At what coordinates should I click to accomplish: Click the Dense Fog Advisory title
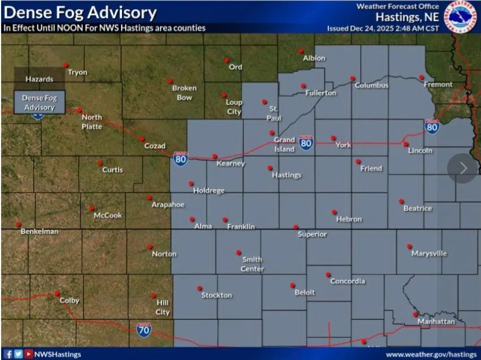tap(79, 12)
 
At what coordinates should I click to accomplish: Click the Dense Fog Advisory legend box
tap(39, 102)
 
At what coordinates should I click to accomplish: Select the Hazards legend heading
tap(39, 79)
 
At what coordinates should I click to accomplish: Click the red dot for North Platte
tap(79, 110)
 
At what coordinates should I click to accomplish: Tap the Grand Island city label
tap(284, 144)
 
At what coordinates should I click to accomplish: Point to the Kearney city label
tap(231, 164)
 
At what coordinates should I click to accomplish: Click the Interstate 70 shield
tap(144, 329)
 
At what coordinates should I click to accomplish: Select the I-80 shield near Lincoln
tap(432, 127)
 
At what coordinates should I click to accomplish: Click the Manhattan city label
tap(436, 322)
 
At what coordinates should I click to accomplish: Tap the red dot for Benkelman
tap(18, 224)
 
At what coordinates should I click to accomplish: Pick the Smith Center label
tap(252, 264)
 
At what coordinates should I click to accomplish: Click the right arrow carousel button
tap(462, 168)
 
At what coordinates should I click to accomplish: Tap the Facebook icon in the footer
tap(8, 354)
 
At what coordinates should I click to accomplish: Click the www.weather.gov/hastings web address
tap(432, 354)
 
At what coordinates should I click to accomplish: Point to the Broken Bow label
tap(184, 92)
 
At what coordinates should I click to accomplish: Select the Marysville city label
tap(429, 253)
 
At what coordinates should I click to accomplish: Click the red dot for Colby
tap(57, 293)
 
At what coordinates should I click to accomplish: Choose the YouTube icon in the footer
tap(28, 354)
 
